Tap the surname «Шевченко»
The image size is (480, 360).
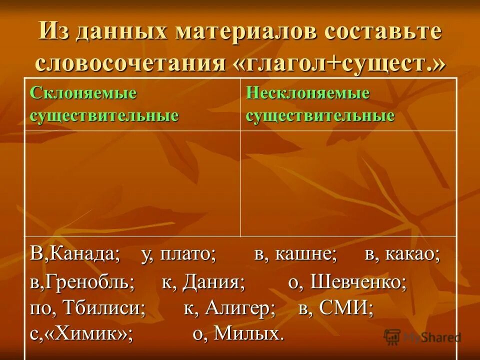point(358,283)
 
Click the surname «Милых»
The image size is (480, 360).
point(245,333)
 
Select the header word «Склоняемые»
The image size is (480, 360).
point(83,93)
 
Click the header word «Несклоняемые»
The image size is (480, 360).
point(307,93)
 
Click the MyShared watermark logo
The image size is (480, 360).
point(422,336)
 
